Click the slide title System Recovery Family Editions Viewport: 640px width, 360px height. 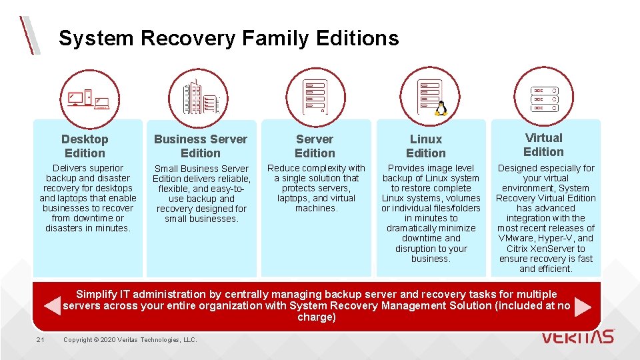click(229, 39)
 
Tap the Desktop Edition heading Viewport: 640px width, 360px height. click(85, 146)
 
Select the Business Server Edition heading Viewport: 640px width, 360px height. click(201, 146)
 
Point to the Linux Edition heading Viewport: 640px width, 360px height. click(426, 146)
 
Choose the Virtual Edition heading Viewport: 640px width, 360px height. click(544, 145)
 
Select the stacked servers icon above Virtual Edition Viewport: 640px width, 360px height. click(543, 98)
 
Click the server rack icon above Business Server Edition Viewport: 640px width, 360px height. click(199, 98)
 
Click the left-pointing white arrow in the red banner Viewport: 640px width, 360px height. click(51, 306)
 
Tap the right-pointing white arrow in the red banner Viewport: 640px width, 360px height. click(583, 306)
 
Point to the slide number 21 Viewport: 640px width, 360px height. click(41, 340)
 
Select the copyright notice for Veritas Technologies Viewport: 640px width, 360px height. click(130, 340)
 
